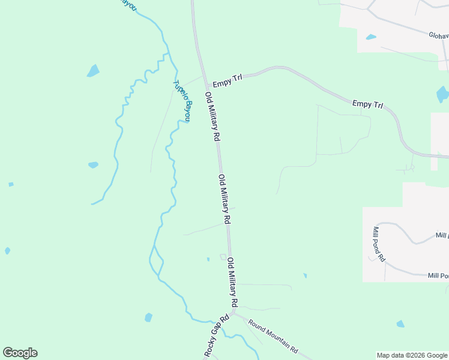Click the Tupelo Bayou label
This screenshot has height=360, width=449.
coord(182,101)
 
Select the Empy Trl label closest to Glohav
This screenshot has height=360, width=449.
coord(367,104)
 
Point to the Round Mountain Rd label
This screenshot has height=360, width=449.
coord(273,335)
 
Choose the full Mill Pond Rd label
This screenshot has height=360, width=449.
coord(379,244)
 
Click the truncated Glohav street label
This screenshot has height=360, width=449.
coord(438,35)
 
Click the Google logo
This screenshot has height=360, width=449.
coord(20,353)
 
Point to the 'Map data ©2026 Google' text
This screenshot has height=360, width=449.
coord(412,355)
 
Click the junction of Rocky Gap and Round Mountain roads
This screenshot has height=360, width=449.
coord(232,313)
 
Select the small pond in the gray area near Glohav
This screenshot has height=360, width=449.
coord(371,37)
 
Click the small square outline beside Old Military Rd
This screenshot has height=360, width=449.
coord(223,257)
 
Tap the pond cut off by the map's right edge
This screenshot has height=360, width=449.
coord(443,94)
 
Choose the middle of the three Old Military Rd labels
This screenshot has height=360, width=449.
coord(224,199)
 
